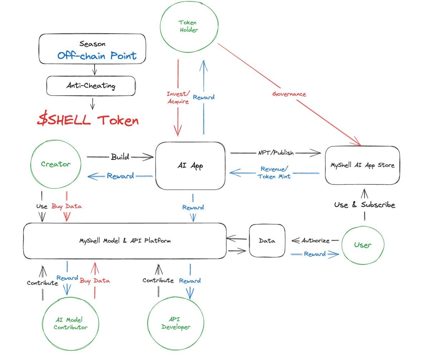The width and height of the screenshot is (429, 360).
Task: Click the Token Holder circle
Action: (x=188, y=27)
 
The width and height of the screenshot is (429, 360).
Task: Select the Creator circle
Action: (x=56, y=164)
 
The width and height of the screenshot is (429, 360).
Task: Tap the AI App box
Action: (x=190, y=166)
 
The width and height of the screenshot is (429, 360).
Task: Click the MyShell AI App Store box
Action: (x=362, y=165)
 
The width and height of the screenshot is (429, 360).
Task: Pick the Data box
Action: (x=267, y=241)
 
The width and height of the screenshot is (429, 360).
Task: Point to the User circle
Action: (x=363, y=245)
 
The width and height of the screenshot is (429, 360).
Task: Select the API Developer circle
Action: (x=176, y=323)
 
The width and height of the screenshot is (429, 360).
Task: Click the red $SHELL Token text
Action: (x=88, y=120)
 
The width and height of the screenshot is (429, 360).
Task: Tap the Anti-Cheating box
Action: (x=91, y=86)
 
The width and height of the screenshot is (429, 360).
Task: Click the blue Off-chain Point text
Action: (x=97, y=55)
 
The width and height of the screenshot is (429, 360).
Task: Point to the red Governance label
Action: (x=289, y=94)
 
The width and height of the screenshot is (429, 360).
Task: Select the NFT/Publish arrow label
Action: (x=276, y=153)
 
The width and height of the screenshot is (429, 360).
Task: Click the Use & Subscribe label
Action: (x=365, y=205)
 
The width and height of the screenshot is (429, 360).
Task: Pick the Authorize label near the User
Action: (x=315, y=240)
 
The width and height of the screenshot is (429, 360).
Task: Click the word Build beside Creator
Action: (x=120, y=157)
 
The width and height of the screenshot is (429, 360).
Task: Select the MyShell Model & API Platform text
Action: (x=125, y=241)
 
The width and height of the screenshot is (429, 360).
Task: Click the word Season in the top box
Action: (x=92, y=44)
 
